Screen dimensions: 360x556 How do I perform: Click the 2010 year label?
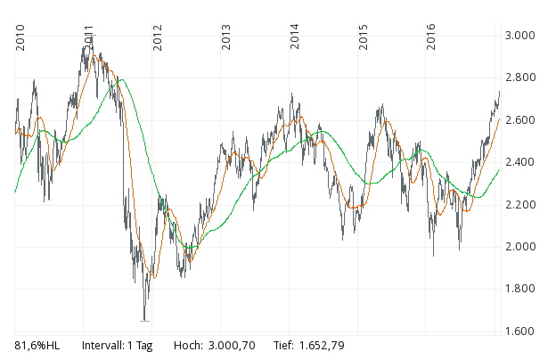click(20, 38)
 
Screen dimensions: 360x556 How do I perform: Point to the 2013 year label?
click(226, 38)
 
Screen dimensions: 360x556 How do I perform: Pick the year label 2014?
click(295, 38)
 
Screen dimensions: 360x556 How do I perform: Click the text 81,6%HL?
click(38, 345)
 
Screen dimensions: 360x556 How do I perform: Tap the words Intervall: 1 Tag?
click(117, 345)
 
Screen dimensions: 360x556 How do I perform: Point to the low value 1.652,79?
click(321, 345)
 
